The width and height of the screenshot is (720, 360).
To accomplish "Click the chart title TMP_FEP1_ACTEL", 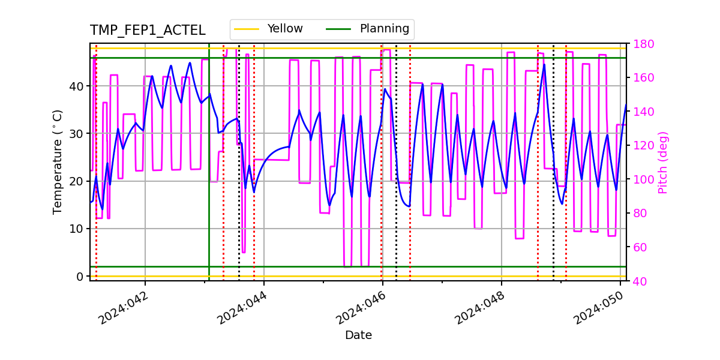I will point(148,31).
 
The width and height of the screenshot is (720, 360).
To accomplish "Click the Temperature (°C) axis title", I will point(58,161).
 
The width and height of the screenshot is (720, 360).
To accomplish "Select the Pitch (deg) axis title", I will point(662,162).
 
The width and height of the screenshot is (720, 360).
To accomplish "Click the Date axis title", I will point(358,335).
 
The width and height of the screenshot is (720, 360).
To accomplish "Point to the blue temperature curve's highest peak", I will point(544,64).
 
